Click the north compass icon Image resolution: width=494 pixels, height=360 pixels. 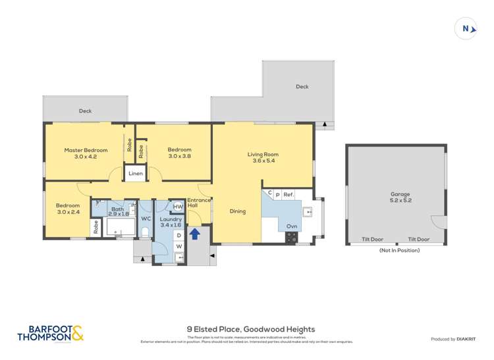[x=466, y=28]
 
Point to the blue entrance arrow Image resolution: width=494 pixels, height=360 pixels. [x=195, y=232]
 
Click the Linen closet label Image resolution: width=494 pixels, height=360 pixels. [x=136, y=174]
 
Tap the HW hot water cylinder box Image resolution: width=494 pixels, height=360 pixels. [x=177, y=207]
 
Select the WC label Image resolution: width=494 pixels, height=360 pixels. [x=146, y=218]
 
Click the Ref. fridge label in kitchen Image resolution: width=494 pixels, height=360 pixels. [x=288, y=195]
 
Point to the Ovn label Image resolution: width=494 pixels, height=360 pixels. [x=291, y=226]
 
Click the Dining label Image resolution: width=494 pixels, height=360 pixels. [x=238, y=211]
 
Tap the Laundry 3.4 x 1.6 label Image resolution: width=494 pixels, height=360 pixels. [x=171, y=221]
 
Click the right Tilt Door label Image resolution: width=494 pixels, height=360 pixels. [x=418, y=240]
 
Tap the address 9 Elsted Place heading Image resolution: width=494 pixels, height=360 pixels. [x=251, y=329]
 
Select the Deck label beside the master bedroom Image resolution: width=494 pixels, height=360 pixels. [x=85, y=111]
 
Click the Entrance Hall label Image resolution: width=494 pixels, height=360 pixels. [x=198, y=203]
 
